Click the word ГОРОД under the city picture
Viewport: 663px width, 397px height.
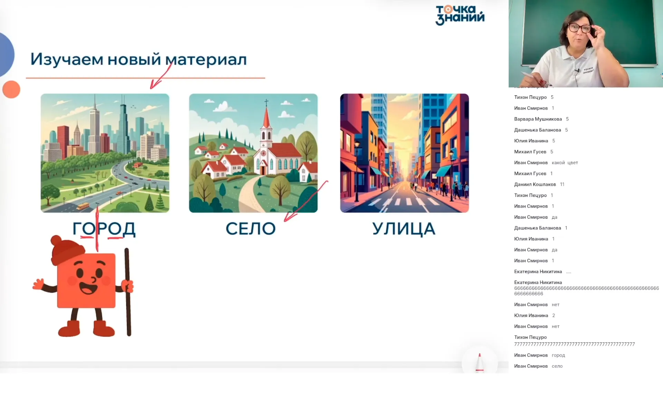coord(104,229)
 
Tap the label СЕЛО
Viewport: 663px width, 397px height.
coord(251,229)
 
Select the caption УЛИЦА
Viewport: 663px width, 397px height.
coord(404,229)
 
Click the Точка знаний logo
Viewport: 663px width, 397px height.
coord(460,15)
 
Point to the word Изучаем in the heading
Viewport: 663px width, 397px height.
coord(67,59)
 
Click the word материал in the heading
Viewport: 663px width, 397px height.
coord(206,59)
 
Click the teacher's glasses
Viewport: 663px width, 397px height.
coord(580,28)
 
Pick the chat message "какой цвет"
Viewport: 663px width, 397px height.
coord(565,163)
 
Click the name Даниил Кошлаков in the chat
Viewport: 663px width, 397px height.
coord(535,185)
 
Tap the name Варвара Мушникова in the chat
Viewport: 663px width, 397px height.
coord(538,119)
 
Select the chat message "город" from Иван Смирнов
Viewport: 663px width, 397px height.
coord(558,355)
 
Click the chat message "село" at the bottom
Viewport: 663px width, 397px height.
coord(557,366)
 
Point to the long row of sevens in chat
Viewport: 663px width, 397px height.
coord(574,344)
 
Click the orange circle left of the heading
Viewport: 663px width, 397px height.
coord(11,89)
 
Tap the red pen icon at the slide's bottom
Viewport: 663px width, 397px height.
coord(480,362)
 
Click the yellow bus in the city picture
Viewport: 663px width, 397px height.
coord(83,206)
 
